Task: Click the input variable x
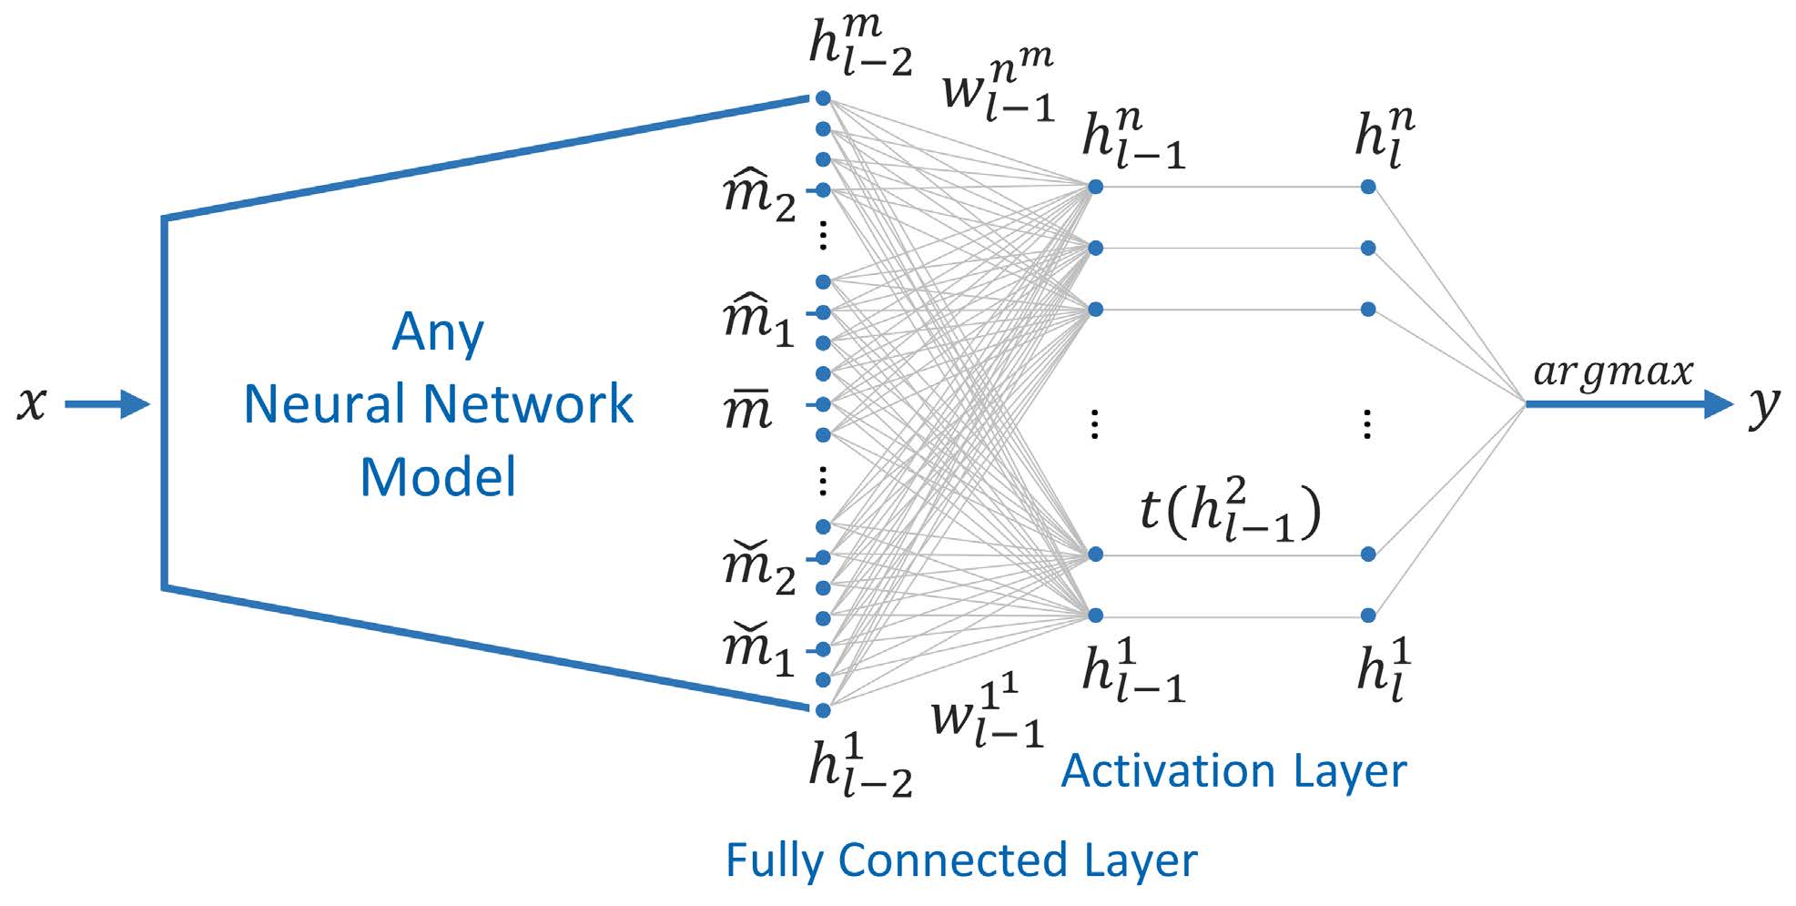[32, 402]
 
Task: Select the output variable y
[1764, 405]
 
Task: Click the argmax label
[1613, 372]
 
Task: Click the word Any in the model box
[438, 332]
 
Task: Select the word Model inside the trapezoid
[438, 476]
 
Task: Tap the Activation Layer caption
[1233, 771]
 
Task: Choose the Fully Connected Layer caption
[961, 860]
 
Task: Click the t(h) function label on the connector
[1230, 512]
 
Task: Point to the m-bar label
[747, 409]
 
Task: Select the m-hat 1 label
[758, 321]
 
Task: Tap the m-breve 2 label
[759, 566]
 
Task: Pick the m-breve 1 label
[758, 650]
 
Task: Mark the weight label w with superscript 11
[987, 712]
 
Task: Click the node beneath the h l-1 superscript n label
[1096, 187]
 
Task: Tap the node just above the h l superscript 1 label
[1368, 616]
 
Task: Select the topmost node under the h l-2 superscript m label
[823, 97]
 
